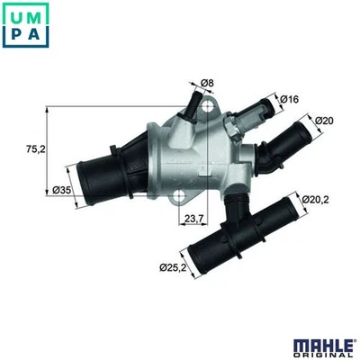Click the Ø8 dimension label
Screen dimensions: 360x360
click(207, 83)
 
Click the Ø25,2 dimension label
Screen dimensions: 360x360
click(173, 267)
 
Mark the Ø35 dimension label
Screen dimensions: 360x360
click(62, 190)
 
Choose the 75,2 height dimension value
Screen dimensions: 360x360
click(35, 149)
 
